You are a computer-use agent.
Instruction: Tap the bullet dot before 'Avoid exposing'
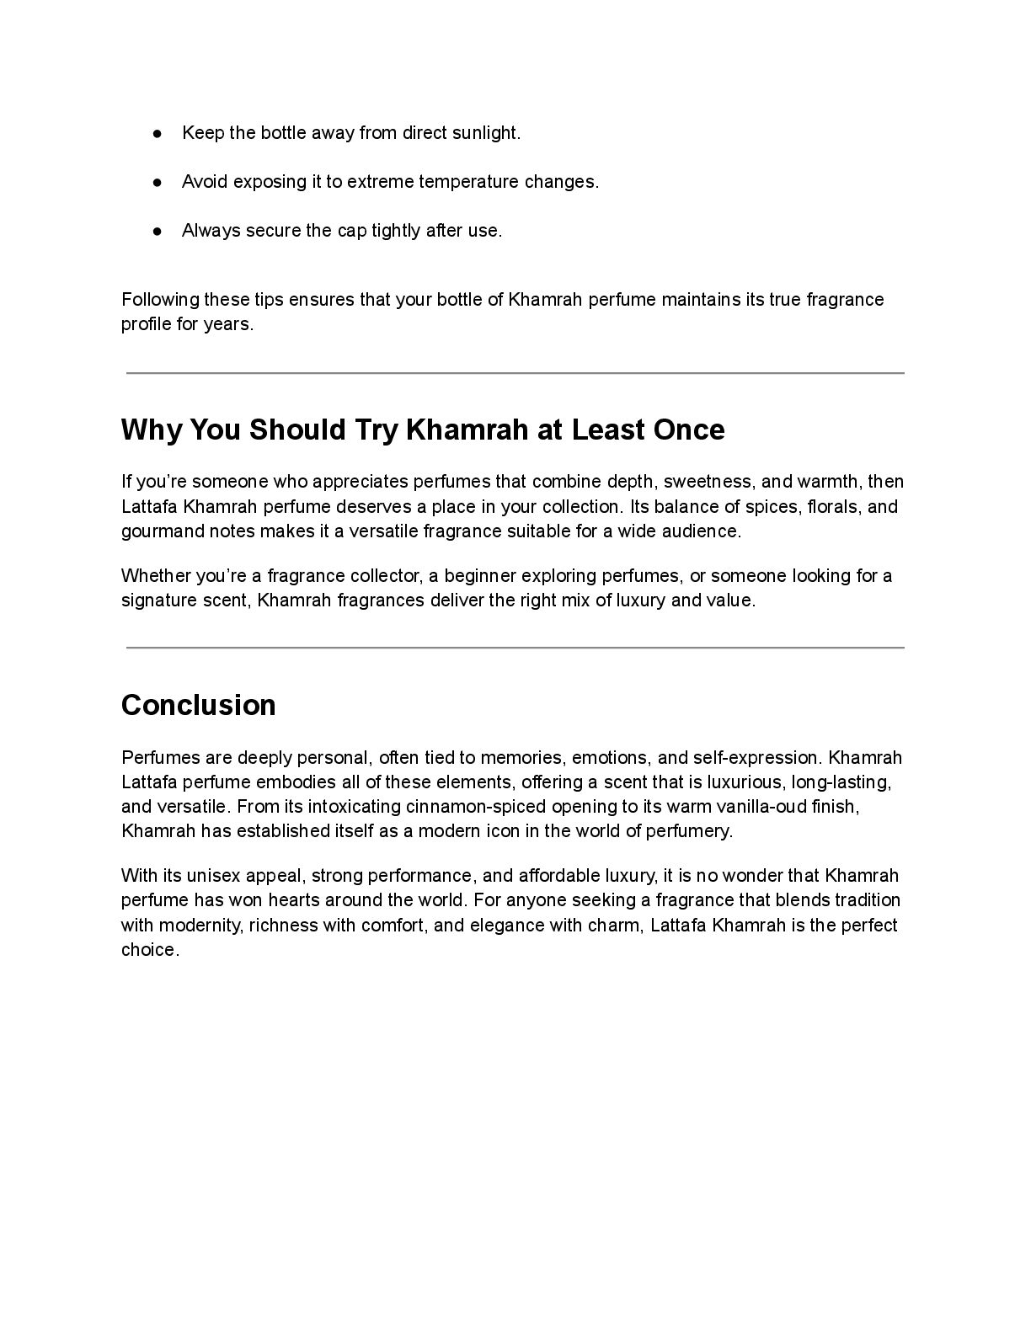click(x=158, y=182)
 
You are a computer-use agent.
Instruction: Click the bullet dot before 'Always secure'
click(x=158, y=231)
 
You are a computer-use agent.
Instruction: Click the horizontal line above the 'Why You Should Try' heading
click(x=515, y=372)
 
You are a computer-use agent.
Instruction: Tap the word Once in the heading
click(x=689, y=430)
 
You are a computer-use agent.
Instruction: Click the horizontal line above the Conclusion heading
click(x=515, y=648)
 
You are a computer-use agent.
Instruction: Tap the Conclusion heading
click(x=199, y=705)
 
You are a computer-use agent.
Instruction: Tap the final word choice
click(x=150, y=950)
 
